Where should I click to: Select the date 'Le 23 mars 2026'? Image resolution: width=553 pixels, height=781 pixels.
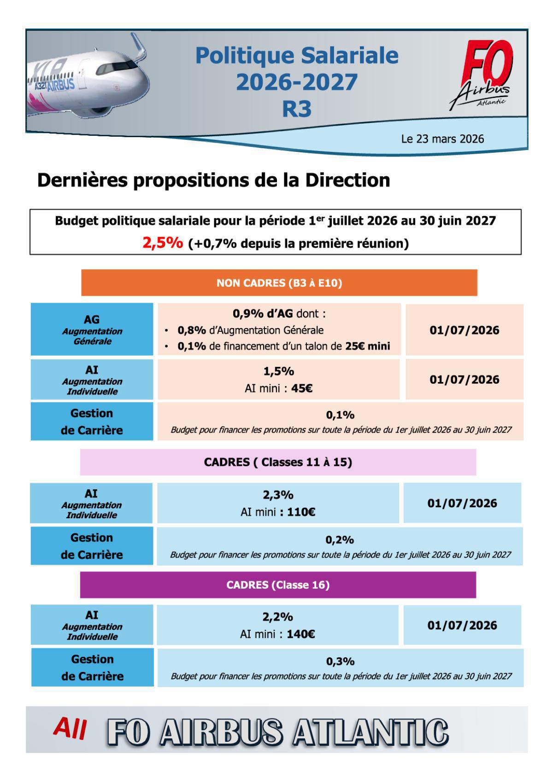tap(442, 139)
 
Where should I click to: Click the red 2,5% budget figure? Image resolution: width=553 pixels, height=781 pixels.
tap(162, 243)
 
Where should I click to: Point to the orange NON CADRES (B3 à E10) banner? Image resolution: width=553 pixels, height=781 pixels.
tap(279, 283)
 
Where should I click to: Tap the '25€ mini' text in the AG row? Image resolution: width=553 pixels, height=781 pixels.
tap(367, 346)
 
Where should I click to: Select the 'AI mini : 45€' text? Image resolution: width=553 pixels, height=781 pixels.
tap(278, 388)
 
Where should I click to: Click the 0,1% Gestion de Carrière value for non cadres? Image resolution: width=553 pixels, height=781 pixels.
tap(340, 415)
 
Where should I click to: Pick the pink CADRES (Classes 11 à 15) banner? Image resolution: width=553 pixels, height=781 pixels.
tap(278, 462)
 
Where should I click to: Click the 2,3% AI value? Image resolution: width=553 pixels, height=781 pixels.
tap(278, 495)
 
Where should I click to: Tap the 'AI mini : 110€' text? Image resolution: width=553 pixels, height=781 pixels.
tap(278, 512)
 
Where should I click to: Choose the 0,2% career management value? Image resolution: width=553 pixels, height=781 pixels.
tap(340, 539)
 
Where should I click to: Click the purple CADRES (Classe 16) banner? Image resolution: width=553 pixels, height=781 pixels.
tap(278, 585)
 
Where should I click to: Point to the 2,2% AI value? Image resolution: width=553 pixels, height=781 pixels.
tap(277, 617)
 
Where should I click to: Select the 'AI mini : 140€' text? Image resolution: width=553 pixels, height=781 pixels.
tap(277, 634)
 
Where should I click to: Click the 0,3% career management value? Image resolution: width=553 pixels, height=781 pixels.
tap(340, 661)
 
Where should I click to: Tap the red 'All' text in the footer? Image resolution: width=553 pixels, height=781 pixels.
tap(70, 728)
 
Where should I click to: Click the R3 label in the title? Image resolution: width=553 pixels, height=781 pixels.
tap(296, 109)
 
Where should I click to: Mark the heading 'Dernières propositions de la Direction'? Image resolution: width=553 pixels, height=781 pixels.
tap(213, 180)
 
